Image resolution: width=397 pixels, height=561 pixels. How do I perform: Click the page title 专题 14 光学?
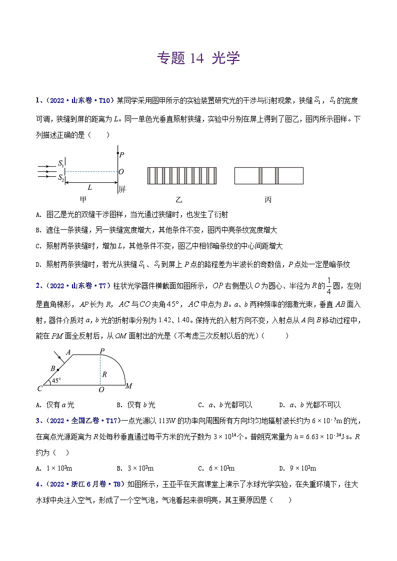click(x=198, y=58)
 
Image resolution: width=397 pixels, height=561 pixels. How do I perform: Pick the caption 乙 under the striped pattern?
click(x=179, y=200)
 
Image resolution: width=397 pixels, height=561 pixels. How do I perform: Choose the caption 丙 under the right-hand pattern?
click(x=268, y=200)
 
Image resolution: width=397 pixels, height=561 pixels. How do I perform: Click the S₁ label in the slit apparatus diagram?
click(x=60, y=163)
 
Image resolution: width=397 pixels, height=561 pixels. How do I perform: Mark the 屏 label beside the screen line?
click(x=122, y=189)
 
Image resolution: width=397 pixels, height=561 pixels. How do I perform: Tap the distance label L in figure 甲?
click(x=90, y=188)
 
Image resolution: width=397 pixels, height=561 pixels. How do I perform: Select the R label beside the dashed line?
click(x=104, y=374)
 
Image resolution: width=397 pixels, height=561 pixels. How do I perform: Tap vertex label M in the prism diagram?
click(x=128, y=386)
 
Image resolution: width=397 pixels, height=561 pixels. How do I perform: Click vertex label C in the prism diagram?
click(x=39, y=388)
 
